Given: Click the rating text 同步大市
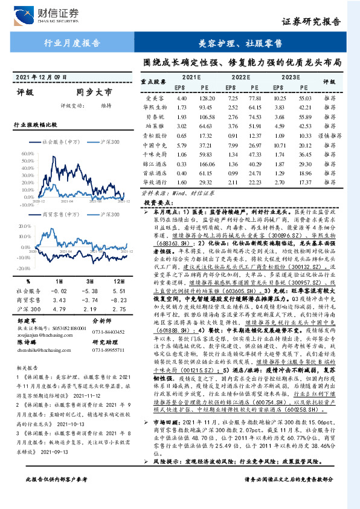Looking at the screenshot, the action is tap(94, 93).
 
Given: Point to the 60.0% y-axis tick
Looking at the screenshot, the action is tap(28, 154).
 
